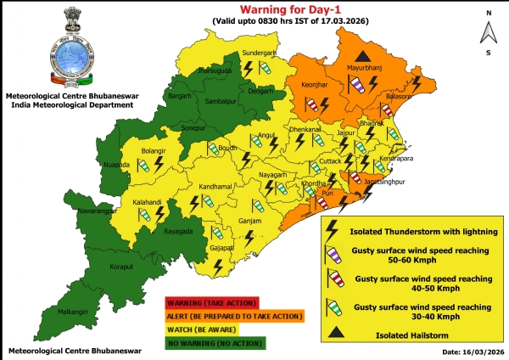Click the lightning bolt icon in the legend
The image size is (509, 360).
click(x=334, y=228)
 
